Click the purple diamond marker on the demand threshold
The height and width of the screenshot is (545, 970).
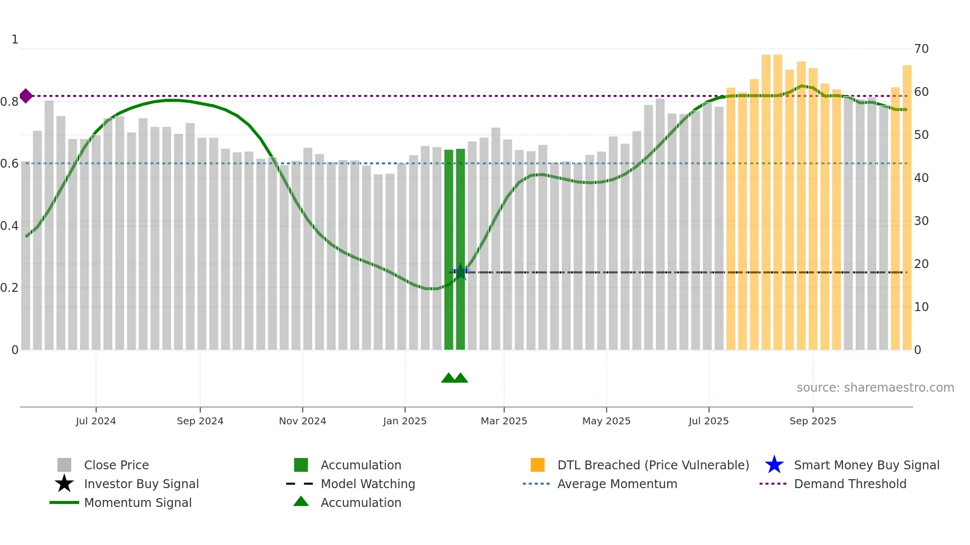tap(26, 96)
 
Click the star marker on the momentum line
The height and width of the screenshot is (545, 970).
tap(460, 272)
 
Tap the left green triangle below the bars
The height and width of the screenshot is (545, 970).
tap(448, 378)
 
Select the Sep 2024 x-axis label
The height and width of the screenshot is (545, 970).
tap(200, 421)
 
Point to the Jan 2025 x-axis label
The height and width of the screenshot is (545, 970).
tap(404, 421)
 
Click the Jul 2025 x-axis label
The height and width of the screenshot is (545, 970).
tap(708, 421)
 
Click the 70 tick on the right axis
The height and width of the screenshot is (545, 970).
tap(921, 49)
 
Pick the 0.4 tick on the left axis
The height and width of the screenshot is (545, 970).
tap(9, 226)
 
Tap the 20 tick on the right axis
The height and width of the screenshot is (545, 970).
tap(921, 264)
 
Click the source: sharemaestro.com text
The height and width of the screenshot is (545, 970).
tap(875, 388)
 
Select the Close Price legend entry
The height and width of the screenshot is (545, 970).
tap(116, 465)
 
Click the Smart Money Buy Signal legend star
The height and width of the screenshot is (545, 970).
tap(774, 465)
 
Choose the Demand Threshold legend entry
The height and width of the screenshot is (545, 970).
tap(850, 484)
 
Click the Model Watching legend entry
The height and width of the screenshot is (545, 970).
tap(368, 484)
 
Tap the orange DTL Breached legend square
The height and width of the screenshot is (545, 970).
tap(537, 465)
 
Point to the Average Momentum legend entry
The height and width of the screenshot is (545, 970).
tap(617, 484)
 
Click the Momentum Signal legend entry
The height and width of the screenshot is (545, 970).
tap(138, 503)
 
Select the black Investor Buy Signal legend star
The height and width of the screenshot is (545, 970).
tap(64, 484)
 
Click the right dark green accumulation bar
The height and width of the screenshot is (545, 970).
tap(460, 249)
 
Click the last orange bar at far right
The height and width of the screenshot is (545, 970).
tap(907, 208)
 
